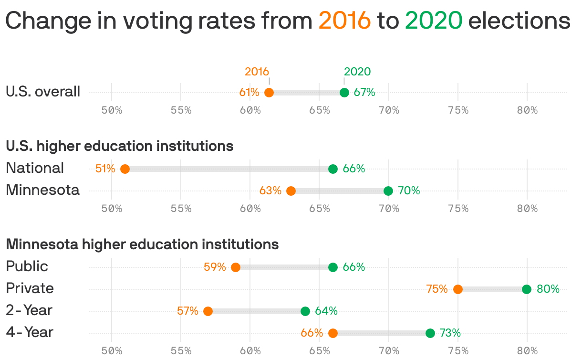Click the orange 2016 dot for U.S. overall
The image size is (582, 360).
(269, 93)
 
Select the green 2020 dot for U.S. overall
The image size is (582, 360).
(344, 93)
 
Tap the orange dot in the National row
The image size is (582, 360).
(125, 169)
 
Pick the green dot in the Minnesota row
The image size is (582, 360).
(388, 191)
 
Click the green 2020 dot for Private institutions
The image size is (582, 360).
(527, 289)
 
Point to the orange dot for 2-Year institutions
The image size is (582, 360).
(208, 311)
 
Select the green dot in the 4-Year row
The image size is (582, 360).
(430, 333)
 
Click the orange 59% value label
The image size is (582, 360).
(215, 267)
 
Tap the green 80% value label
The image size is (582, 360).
(548, 289)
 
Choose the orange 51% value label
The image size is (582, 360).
(105, 169)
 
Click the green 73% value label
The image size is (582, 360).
(450, 333)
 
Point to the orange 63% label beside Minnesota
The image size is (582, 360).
(270, 191)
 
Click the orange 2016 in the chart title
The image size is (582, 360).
(344, 21)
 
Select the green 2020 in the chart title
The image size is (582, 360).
(434, 21)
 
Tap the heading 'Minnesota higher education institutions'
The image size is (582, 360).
(142, 244)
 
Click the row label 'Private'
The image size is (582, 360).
(30, 288)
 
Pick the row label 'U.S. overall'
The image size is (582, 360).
(43, 92)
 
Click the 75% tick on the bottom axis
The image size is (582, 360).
(458, 351)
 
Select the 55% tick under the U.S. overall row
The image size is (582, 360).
(181, 110)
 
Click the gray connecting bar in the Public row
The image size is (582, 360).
(284, 267)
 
